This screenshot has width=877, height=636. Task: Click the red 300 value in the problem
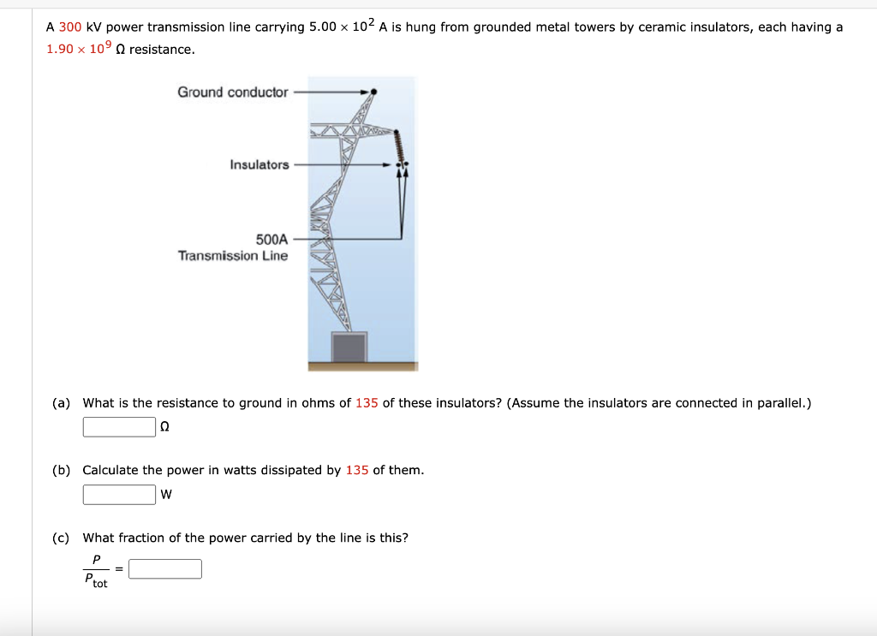(70, 27)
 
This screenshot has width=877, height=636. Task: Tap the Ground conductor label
(233, 92)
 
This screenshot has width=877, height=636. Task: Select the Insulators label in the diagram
(260, 164)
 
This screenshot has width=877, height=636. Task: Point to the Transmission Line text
(233, 256)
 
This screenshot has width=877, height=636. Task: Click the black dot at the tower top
(374, 91)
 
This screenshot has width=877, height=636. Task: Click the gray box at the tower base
(349, 348)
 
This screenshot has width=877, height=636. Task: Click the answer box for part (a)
(119, 426)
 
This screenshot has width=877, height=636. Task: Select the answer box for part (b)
(119, 494)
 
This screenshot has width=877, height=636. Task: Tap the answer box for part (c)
(165, 569)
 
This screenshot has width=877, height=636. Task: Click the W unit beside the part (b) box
(166, 494)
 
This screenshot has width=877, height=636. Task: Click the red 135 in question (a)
(367, 403)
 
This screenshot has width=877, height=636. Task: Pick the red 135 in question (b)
(357, 471)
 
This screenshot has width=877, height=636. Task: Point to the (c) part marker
(61, 538)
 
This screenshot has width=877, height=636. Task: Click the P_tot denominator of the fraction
(96, 581)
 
